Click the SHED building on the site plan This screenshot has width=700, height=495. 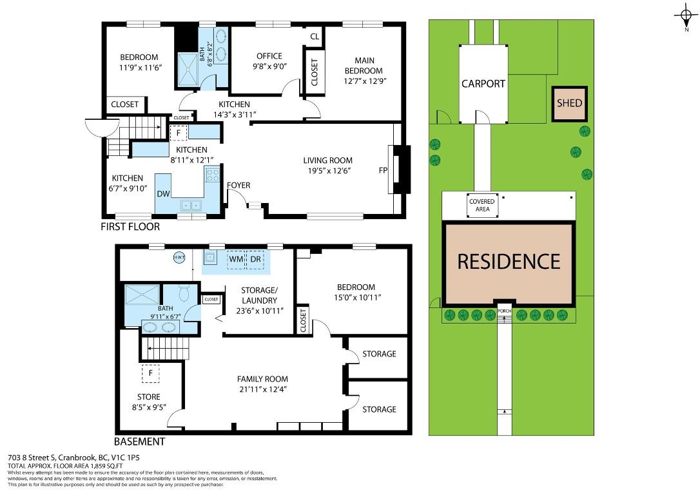pyautogui.click(x=569, y=104)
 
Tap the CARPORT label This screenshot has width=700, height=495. pyautogui.click(x=483, y=84)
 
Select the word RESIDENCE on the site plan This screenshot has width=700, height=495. pyautogui.click(x=509, y=262)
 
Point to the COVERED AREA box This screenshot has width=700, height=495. pyautogui.click(x=482, y=206)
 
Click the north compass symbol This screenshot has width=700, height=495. pyautogui.click(x=686, y=17)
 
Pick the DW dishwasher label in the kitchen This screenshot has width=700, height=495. pyautogui.click(x=163, y=194)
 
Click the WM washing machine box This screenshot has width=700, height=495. pyautogui.click(x=236, y=259)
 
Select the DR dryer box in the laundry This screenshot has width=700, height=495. pyautogui.click(x=255, y=259)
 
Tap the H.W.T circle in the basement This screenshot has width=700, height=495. pyautogui.click(x=179, y=258)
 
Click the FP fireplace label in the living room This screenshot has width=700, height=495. pyautogui.click(x=383, y=170)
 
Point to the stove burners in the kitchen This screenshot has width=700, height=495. pyautogui.click(x=212, y=173)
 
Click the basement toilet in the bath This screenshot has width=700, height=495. pyautogui.click(x=184, y=293)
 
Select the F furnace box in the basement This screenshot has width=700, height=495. pyautogui.click(x=151, y=373)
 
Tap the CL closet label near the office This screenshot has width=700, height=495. pyautogui.click(x=315, y=37)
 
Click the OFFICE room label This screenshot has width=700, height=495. pyautogui.click(x=269, y=56)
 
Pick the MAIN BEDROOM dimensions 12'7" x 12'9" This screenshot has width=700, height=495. pyautogui.click(x=365, y=81)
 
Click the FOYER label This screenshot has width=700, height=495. pyautogui.click(x=238, y=185)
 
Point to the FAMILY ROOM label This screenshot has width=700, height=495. pyautogui.click(x=262, y=379)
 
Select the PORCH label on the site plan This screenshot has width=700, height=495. pyautogui.click(x=505, y=311)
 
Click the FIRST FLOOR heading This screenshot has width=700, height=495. pyautogui.click(x=130, y=227)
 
